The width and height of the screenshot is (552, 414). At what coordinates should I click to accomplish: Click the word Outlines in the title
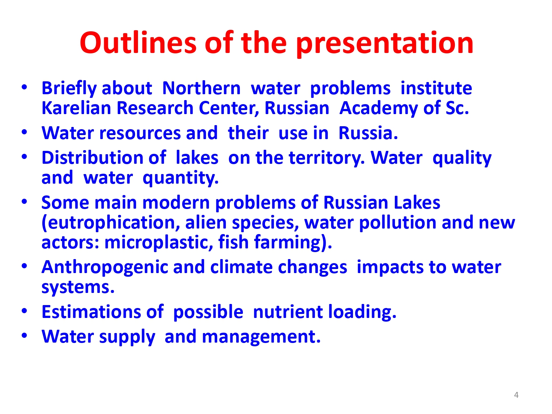(138, 43)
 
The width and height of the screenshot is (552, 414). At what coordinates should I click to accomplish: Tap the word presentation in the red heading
(385, 44)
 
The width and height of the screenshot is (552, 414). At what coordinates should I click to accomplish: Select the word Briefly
(69, 89)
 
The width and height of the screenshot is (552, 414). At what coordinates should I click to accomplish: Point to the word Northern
(201, 88)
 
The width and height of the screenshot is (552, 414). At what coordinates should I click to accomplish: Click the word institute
(436, 88)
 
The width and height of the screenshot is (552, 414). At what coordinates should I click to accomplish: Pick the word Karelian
(76, 108)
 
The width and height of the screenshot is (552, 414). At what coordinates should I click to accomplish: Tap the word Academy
(378, 109)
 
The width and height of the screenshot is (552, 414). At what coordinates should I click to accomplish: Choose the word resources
(140, 133)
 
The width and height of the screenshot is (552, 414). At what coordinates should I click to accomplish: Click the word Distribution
(92, 158)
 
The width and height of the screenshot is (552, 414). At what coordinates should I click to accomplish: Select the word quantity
(180, 178)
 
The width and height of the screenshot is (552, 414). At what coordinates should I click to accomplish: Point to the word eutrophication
(111, 223)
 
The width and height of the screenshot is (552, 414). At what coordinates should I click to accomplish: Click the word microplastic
(159, 243)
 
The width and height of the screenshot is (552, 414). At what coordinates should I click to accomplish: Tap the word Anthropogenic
(105, 268)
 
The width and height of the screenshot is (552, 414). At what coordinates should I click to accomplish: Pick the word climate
(241, 267)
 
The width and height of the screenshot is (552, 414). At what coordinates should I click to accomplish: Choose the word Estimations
(91, 312)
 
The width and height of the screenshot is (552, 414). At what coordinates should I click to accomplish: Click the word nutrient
(288, 312)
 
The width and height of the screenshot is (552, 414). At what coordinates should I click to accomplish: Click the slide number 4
(516, 395)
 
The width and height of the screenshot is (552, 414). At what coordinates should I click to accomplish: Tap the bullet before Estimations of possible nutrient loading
(24, 311)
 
